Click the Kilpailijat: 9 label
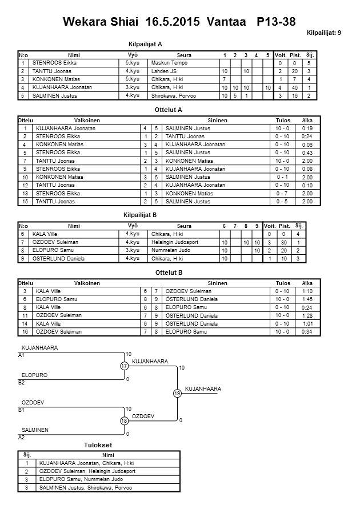pyautogui.click(x=323, y=33)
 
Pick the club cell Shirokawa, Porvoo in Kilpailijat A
pyautogui.click(x=173, y=96)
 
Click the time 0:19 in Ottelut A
pyautogui.click(x=307, y=129)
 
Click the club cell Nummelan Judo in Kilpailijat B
pyautogui.click(x=170, y=250)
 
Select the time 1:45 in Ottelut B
pyautogui.click(x=307, y=299)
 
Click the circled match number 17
pyautogui.click(x=124, y=366)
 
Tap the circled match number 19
pyautogui.click(x=177, y=393)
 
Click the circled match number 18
pyautogui.click(x=124, y=420)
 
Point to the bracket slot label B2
pyautogui.click(x=22, y=383)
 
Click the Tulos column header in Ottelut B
pyautogui.click(x=282, y=283)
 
